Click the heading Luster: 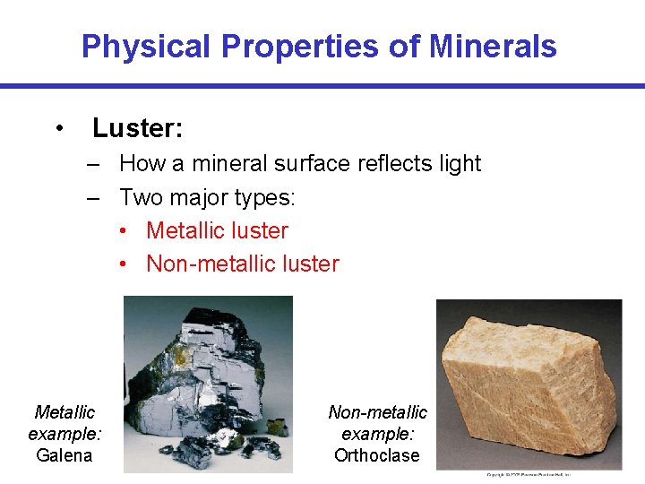(x=137, y=128)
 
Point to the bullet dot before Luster (x=58, y=128)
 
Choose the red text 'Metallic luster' (x=217, y=230)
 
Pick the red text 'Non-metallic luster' (x=242, y=264)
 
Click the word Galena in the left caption (x=64, y=455)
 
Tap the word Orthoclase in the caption (x=377, y=455)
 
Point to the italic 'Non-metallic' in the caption (x=377, y=412)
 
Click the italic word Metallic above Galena (x=64, y=412)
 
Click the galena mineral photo (x=208, y=384)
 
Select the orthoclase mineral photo (x=529, y=384)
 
